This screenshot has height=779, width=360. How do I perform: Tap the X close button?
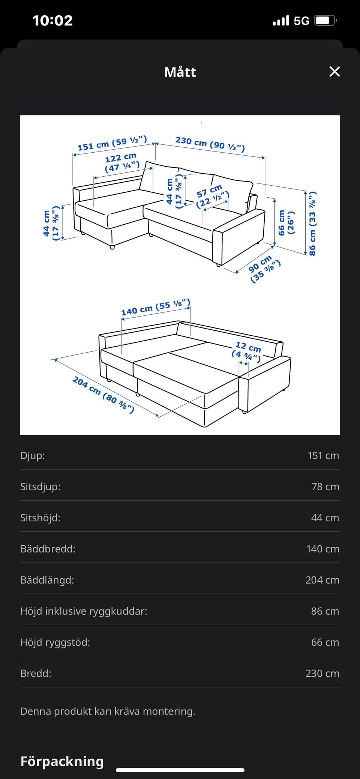point(334,72)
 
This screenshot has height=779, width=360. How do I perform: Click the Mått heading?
point(180,72)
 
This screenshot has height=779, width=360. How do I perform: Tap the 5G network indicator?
point(301,21)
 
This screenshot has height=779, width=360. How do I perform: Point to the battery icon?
point(325,21)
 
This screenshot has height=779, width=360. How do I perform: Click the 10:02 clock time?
point(52,21)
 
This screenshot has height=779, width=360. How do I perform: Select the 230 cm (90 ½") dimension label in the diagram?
point(210,144)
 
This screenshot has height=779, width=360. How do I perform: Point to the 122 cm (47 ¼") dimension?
point(121,162)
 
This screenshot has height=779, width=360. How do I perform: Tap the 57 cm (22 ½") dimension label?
point(211,196)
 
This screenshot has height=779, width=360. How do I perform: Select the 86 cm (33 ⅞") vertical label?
point(312,224)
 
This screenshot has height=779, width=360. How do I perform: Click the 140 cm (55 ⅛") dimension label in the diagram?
point(156,307)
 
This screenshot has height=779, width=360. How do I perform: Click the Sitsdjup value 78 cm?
point(325,486)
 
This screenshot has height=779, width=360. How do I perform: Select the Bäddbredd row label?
point(48,549)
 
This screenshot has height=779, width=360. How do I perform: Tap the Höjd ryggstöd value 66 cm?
point(325,642)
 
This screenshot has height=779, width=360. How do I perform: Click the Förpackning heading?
point(62,751)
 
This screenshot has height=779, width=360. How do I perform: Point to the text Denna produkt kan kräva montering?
point(108,711)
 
